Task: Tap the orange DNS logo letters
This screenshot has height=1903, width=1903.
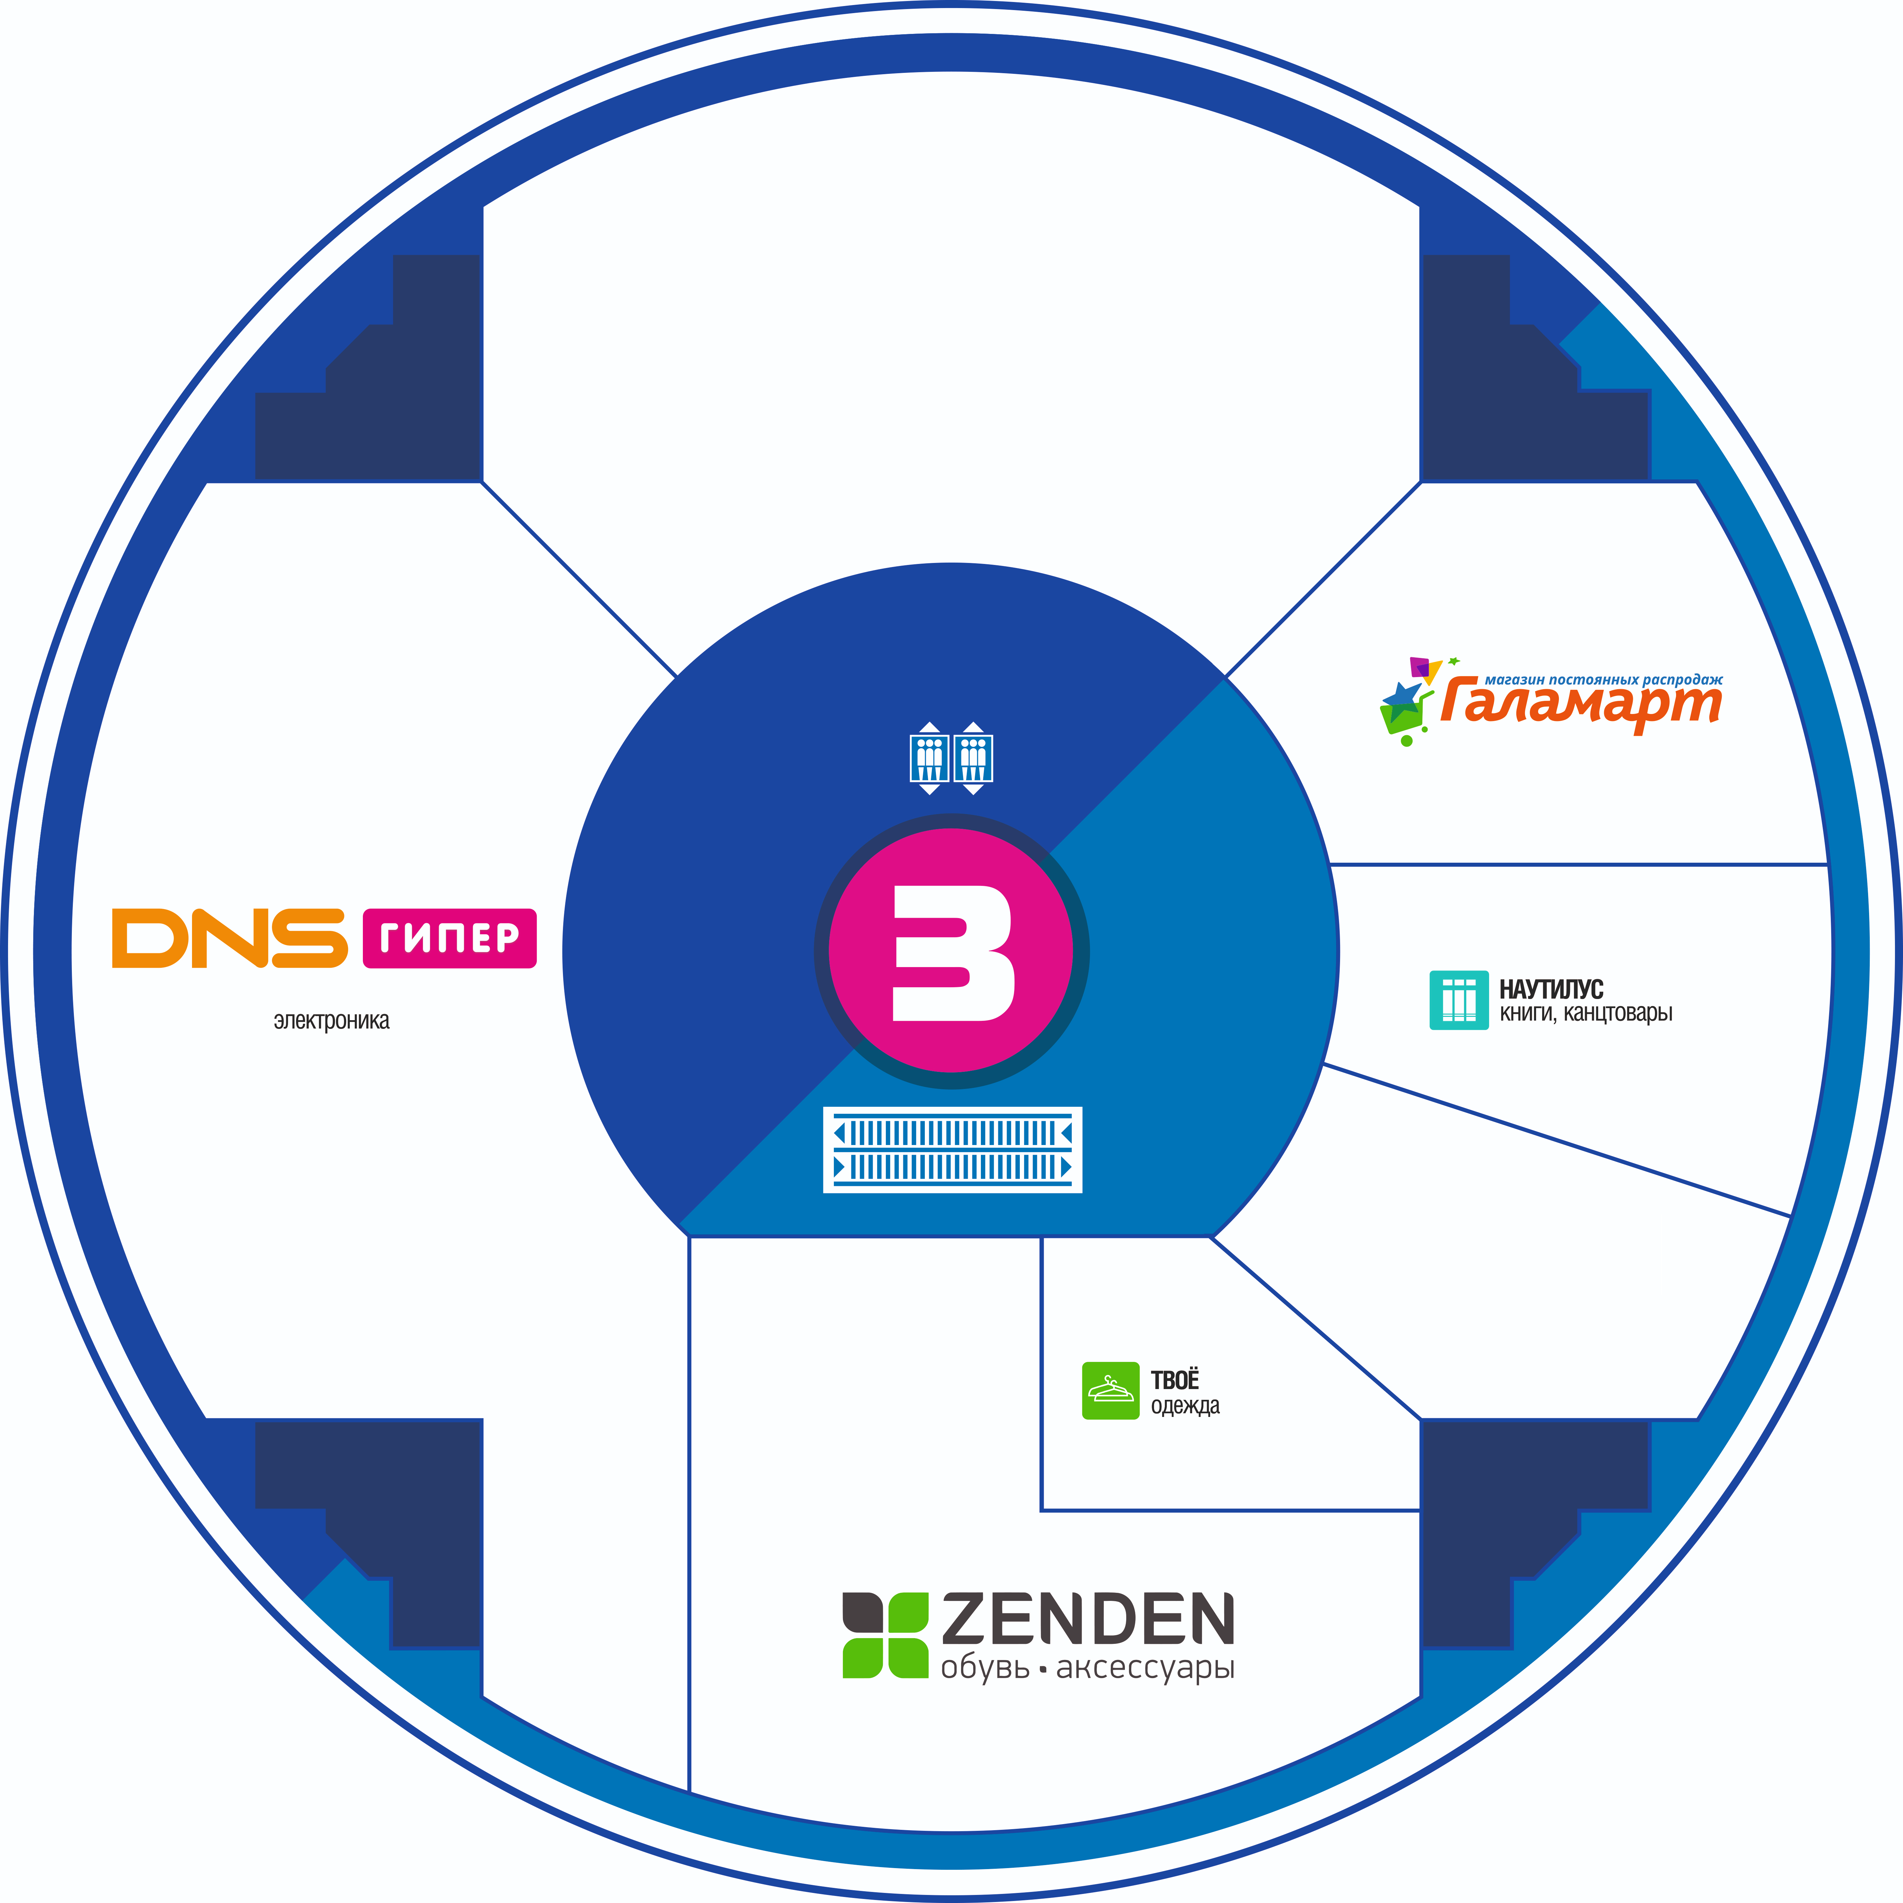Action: click(230, 938)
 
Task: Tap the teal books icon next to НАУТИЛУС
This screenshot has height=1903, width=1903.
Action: click(1459, 1001)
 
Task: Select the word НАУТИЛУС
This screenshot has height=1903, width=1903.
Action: click(1551, 989)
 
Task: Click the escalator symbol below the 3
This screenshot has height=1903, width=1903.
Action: click(952, 1149)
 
